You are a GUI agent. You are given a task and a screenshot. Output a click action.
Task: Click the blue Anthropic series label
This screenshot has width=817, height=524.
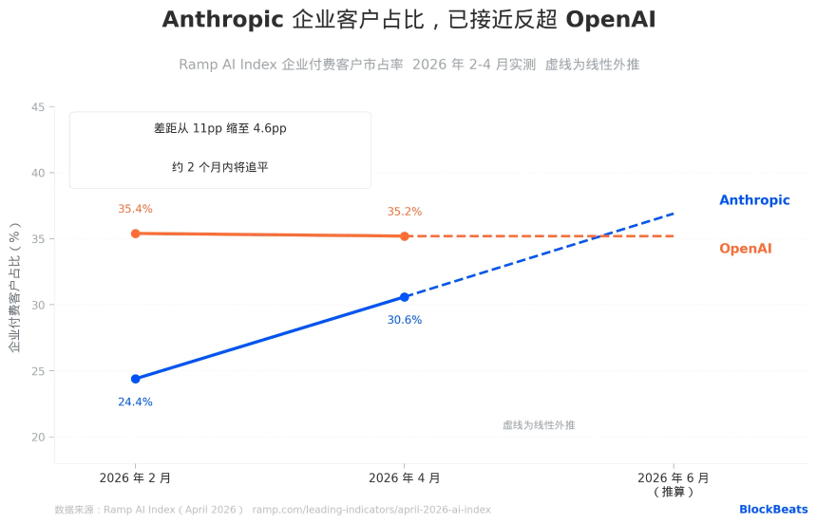tap(754, 200)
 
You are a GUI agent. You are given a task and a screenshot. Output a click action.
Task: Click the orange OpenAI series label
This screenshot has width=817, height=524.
tap(745, 249)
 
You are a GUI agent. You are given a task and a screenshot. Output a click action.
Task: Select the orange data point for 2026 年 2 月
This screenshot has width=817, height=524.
tap(135, 234)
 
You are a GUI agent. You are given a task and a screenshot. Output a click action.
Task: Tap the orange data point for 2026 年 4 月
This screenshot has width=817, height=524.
tap(405, 236)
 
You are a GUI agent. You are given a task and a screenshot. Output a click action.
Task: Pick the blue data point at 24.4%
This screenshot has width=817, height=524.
tap(135, 379)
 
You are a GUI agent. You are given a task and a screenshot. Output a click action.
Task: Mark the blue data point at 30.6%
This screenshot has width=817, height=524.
tap(405, 297)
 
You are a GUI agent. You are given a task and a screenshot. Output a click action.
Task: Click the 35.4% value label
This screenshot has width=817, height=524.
tap(135, 209)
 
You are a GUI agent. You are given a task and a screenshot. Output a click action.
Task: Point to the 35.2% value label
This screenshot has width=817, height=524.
tap(404, 212)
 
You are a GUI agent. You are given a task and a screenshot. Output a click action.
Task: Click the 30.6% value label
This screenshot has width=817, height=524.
tap(404, 320)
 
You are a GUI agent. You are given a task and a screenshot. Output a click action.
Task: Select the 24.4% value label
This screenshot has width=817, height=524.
tap(135, 402)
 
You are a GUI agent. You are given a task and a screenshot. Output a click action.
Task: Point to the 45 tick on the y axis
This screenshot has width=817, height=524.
tap(37, 107)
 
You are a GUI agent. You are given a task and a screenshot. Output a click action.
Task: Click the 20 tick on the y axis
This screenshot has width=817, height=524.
tap(37, 438)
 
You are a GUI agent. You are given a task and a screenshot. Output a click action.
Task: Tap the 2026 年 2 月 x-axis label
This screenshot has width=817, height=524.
tap(135, 478)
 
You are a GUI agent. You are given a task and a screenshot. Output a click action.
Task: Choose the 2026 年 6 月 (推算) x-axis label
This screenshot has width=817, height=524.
tap(674, 484)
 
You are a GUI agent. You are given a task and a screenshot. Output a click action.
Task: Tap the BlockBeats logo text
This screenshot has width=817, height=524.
tap(773, 510)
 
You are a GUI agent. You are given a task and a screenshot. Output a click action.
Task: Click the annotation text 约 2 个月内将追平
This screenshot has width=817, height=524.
tap(219, 167)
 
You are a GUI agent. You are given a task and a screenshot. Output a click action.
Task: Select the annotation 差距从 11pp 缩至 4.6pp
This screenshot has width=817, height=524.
tap(219, 128)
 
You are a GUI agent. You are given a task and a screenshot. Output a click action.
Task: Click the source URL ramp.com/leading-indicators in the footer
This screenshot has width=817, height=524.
tap(371, 510)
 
